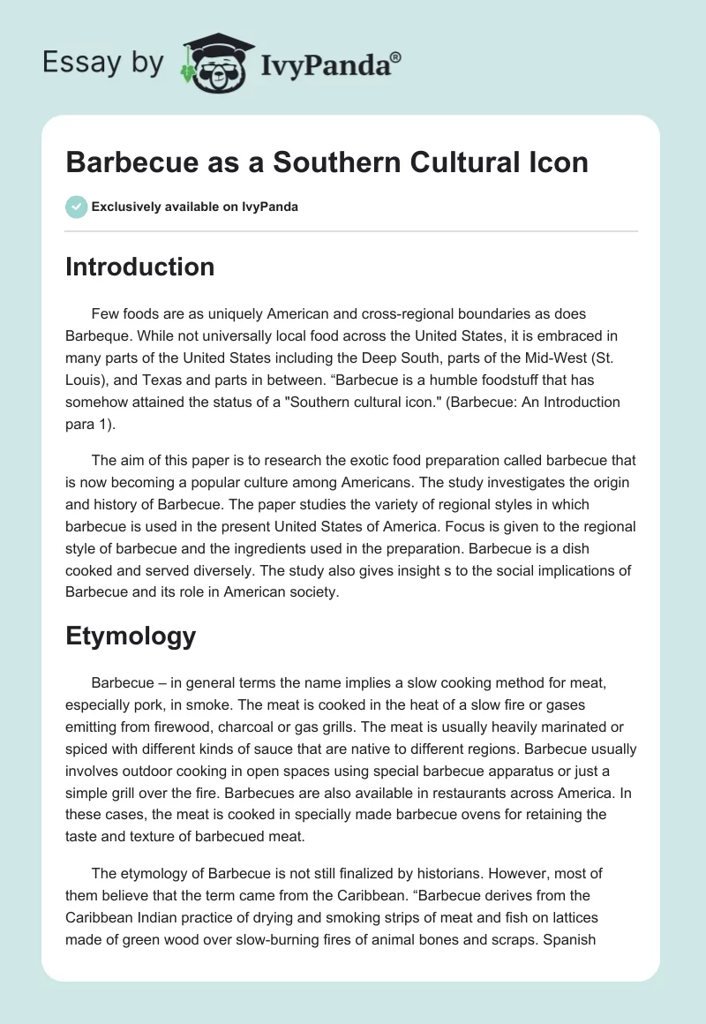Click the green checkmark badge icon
(x=76, y=207)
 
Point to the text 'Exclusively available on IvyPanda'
(x=195, y=207)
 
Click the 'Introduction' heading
(x=139, y=267)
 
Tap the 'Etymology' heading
(x=131, y=636)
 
